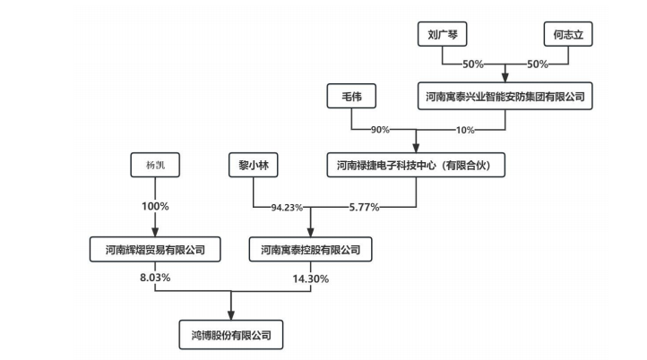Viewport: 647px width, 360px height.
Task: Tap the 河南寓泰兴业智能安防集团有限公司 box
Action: [505, 96]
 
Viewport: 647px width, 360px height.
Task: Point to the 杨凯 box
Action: [156, 165]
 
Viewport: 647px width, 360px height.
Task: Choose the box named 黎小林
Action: [254, 165]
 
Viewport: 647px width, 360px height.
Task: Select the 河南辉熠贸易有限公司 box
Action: [156, 249]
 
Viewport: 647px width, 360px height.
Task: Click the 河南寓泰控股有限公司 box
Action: [310, 249]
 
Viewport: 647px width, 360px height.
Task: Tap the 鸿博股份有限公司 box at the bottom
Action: [231, 336]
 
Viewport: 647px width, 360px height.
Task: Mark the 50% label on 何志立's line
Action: [537, 65]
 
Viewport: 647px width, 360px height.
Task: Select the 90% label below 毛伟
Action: [378, 130]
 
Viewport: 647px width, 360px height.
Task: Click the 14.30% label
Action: [310, 279]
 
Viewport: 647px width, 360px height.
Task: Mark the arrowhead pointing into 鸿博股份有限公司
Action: [231, 317]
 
